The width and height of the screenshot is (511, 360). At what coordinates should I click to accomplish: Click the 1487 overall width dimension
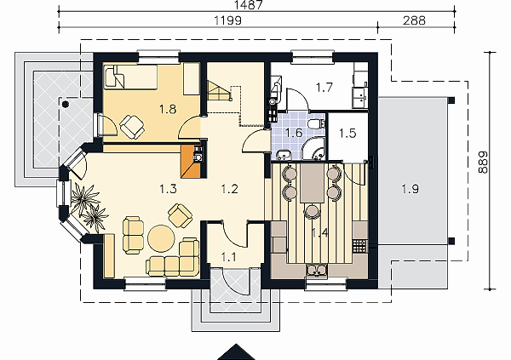click(x=248, y=4)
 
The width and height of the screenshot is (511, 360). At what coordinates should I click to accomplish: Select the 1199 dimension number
click(x=227, y=20)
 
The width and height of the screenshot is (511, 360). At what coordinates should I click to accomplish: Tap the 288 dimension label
click(x=414, y=20)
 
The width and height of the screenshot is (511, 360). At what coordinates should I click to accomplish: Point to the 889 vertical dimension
click(x=483, y=162)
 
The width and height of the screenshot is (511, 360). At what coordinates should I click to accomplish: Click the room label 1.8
click(x=168, y=109)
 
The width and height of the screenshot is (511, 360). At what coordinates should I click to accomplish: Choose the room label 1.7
click(x=324, y=88)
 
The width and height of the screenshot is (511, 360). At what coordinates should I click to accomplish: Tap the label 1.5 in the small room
click(x=347, y=134)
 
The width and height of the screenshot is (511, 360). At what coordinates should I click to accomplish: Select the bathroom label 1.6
click(x=294, y=133)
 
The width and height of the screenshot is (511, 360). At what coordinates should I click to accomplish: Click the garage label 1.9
click(x=410, y=189)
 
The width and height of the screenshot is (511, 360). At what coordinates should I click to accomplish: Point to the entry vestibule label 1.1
click(x=228, y=257)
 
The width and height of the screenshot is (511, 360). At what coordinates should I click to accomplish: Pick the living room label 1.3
click(x=168, y=189)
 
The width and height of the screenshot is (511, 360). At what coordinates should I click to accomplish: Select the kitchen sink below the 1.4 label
click(x=317, y=270)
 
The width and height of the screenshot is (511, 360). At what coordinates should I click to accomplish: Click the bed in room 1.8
click(x=130, y=77)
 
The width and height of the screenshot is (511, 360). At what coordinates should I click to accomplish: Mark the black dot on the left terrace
click(x=66, y=104)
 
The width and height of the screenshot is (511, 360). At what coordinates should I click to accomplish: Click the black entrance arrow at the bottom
click(x=236, y=352)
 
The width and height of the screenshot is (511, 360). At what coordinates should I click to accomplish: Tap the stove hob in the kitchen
click(x=360, y=246)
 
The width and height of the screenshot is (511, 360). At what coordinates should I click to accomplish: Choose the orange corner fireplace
click(x=191, y=162)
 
